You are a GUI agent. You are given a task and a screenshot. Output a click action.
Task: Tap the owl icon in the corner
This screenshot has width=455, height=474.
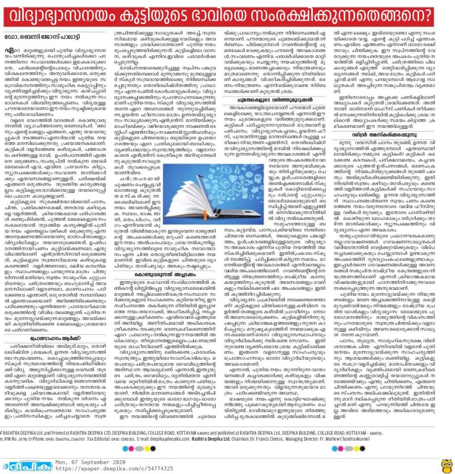(446, 464)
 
